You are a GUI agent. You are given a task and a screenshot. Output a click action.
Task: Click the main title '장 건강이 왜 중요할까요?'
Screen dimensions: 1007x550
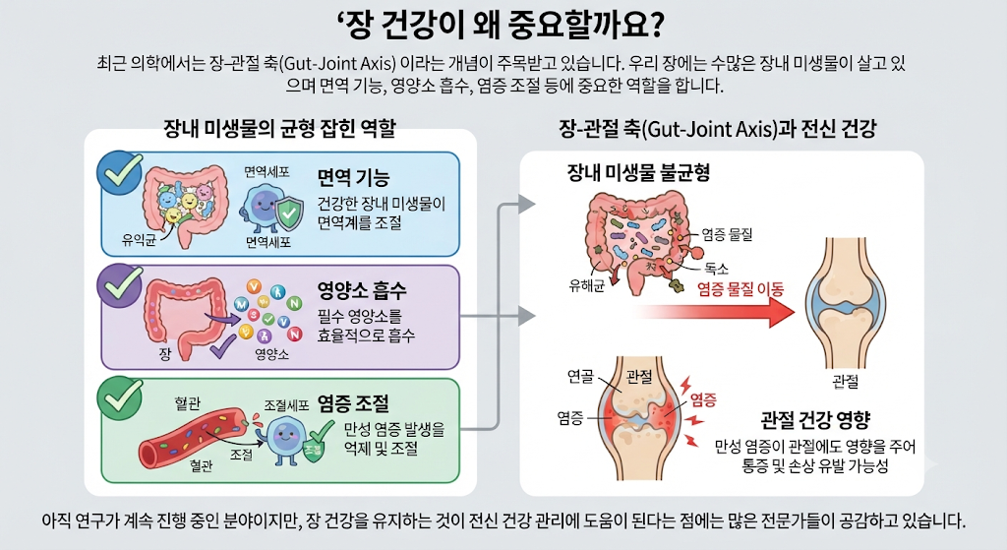click(501, 25)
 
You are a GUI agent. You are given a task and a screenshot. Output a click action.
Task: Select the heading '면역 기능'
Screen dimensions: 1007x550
click(353, 177)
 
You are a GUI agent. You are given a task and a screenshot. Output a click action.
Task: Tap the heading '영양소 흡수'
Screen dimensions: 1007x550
click(362, 290)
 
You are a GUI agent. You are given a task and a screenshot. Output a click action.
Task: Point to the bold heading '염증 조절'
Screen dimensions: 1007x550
click(353, 403)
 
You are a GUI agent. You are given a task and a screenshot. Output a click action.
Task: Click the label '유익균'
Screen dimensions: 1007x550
click(139, 241)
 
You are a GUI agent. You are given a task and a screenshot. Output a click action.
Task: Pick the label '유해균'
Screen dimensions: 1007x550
click(586, 286)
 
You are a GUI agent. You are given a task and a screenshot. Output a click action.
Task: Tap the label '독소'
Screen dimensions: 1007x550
click(717, 269)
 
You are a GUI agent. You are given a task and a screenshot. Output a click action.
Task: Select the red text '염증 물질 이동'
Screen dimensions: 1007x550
click(740, 289)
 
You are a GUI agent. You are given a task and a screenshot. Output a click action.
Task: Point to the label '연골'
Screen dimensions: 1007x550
click(580, 377)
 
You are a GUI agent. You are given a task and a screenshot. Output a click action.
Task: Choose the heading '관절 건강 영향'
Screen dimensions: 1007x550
click(815, 420)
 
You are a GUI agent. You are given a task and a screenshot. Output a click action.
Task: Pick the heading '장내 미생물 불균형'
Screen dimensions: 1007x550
click(638, 172)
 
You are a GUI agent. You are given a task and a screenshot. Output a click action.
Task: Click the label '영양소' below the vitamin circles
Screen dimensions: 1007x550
click(271, 354)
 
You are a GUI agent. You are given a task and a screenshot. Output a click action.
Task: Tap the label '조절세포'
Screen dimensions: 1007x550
click(286, 405)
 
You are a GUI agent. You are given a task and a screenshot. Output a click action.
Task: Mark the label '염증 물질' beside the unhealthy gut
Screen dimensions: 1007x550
click(727, 234)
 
